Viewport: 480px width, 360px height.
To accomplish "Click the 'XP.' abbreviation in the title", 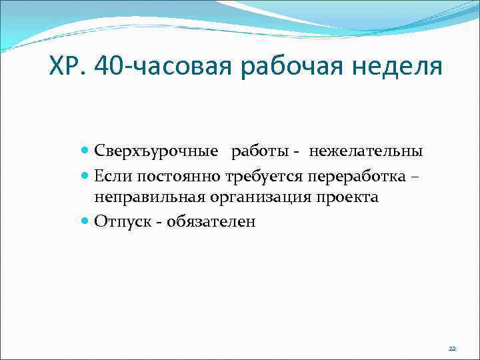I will click(69, 67).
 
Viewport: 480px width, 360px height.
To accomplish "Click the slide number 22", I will click(452, 349).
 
